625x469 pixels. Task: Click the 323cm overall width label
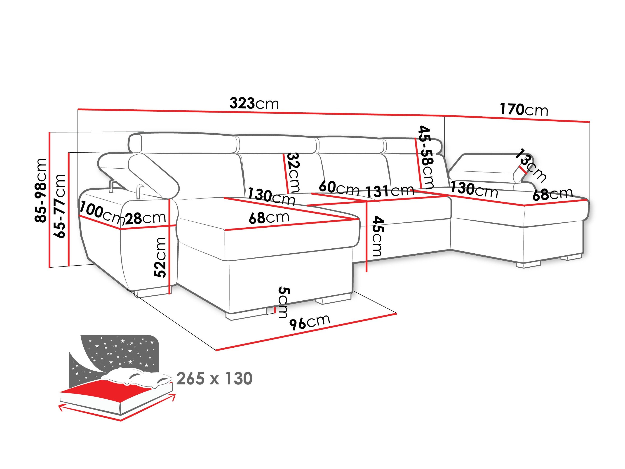(x=254, y=103)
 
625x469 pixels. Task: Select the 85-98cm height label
(x=40, y=190)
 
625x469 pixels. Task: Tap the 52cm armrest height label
(x=160, y=257)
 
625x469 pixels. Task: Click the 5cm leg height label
(x=283, y=302)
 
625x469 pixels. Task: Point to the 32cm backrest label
(x=293, y=172)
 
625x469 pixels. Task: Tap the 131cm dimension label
(x=390, y=192)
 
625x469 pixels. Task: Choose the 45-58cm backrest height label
(x=426, y=157)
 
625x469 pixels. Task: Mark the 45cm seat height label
(x=377, y=236)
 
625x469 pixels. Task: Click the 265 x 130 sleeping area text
(x=214, y=379)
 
